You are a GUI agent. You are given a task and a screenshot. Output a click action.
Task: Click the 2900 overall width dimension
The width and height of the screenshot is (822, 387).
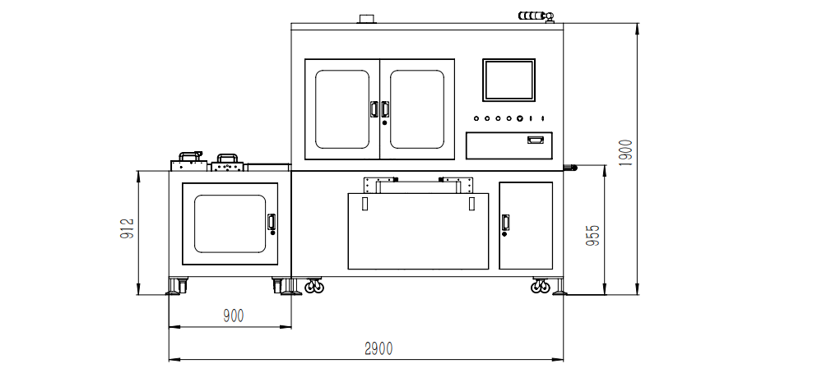378,348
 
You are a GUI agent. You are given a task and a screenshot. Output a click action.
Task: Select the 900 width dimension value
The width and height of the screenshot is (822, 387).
234,316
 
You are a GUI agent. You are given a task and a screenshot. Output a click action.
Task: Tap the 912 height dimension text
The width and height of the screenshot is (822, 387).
128,228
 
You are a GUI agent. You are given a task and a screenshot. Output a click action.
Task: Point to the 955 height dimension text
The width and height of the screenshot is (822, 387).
593,236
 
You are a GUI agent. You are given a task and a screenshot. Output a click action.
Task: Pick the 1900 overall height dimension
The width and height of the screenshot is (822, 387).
626,153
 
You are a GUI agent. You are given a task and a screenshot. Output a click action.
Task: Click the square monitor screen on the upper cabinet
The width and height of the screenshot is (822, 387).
509,81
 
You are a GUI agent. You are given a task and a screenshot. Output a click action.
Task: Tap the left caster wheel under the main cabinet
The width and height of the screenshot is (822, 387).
314,285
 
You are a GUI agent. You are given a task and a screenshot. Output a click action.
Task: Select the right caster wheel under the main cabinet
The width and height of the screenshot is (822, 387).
541,285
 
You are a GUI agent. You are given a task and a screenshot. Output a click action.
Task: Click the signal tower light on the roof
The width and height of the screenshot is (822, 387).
536,16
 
